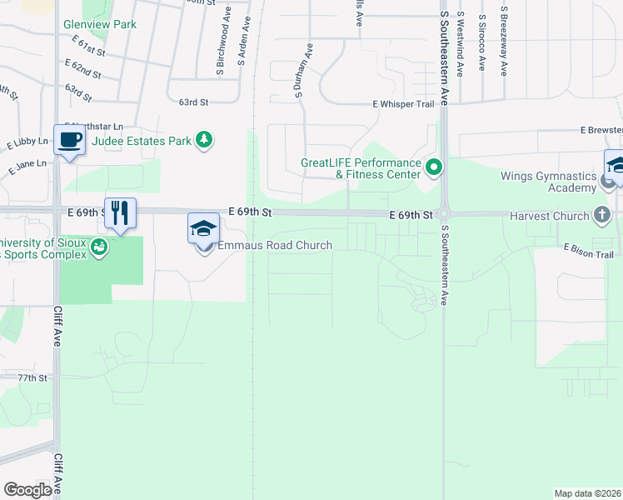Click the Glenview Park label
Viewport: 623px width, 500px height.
tap(100, 25)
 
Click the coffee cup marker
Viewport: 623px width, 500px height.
tap(70, 140)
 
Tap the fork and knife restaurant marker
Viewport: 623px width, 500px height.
tap(121, 212)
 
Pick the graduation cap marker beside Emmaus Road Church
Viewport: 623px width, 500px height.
tap(204, 229)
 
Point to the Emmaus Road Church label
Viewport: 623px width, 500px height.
tap(275, 246)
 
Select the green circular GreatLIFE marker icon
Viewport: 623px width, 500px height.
tap(433, 168)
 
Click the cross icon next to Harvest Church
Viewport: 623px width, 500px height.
tap(602, 216)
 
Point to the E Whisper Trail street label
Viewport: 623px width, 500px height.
tap(404, 104)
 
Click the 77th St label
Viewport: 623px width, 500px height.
tap(32, 378)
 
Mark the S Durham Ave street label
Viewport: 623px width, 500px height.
tap(304, 72)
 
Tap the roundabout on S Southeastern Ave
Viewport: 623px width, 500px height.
tap(444, 214)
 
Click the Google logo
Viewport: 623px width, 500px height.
tap(27, 490)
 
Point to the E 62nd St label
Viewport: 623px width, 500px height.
tap(82, 63)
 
